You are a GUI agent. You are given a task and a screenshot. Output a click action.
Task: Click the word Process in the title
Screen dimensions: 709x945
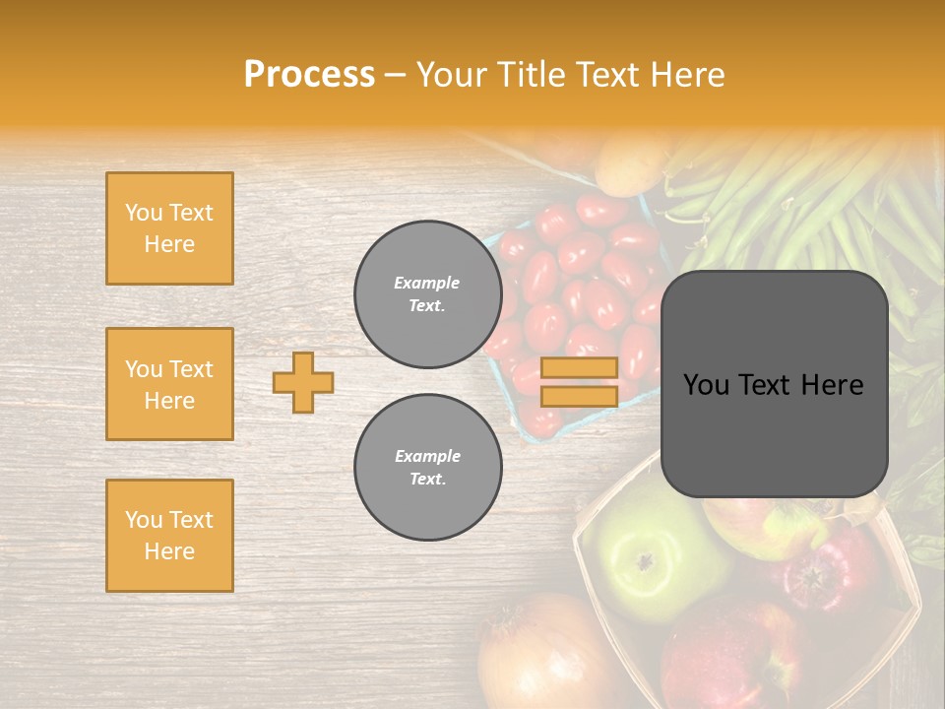309,75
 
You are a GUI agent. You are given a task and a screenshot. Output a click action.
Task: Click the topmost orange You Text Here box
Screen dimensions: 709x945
169,228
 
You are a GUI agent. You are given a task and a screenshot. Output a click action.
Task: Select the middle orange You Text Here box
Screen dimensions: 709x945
169,384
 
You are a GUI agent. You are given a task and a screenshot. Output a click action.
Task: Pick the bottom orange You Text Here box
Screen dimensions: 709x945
169,536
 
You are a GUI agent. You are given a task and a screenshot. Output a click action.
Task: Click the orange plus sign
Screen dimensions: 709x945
303,382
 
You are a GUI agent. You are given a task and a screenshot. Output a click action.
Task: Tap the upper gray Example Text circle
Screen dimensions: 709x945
427,293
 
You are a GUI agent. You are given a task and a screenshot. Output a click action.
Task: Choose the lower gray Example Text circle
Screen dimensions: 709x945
427,467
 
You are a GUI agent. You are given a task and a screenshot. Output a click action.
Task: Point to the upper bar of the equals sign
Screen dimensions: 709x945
579,367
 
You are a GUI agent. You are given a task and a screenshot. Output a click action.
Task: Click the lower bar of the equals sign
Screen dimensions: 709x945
579,396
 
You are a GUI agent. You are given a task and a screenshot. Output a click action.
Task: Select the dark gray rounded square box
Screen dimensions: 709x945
774,384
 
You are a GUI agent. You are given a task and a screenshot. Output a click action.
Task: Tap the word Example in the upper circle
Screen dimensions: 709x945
427,283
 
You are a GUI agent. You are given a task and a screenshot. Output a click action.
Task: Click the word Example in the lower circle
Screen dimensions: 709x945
427,456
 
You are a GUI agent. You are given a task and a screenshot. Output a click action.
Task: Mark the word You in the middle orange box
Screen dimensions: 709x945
142,369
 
